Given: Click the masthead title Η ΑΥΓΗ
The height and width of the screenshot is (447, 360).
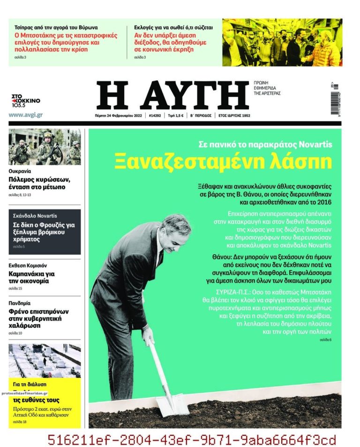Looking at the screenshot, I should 172,96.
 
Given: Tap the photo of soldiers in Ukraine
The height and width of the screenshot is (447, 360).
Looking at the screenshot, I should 45,147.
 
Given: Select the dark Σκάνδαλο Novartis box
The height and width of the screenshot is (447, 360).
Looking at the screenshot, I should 45,232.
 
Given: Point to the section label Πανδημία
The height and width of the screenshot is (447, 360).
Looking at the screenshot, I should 19,303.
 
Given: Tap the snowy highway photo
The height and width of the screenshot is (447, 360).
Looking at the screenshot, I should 45,360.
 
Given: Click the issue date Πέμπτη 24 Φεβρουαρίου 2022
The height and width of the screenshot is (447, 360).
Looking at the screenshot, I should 118,115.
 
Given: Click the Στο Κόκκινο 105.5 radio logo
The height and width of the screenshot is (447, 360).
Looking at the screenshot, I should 26,100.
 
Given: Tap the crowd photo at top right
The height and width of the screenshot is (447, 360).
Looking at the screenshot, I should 282,42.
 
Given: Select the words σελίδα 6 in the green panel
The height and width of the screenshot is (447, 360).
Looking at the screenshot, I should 325,339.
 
